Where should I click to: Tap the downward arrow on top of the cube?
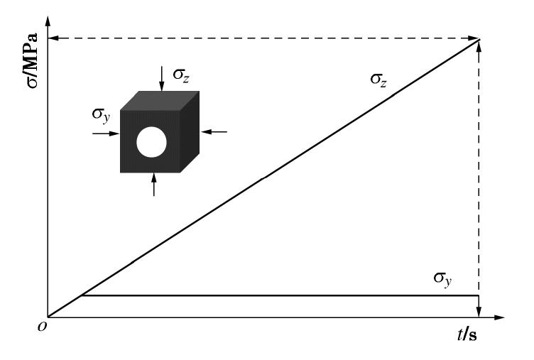coord(161,82)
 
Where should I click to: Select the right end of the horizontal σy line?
coord(478,295)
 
